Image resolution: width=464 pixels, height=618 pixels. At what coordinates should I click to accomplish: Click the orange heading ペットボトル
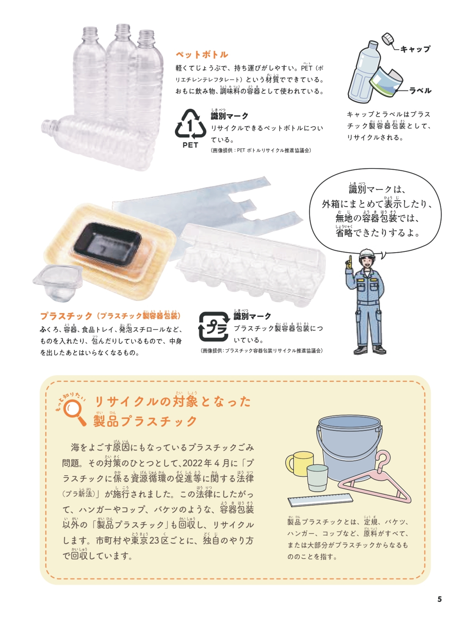[x=202, y=55]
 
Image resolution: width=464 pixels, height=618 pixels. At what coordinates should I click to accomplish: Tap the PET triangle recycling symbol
[x=190, y=125]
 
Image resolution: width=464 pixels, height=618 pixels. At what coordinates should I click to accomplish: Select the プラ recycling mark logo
[x=214, y=327]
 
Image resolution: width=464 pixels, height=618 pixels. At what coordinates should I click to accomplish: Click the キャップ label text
[x=415, y=49]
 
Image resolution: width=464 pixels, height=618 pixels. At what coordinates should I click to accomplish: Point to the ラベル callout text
[x=420, y=91]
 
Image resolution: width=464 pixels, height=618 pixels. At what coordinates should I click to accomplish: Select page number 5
[x=440, y=599]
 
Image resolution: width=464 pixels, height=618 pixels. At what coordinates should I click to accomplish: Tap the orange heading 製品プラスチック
[x=145, y=421]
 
